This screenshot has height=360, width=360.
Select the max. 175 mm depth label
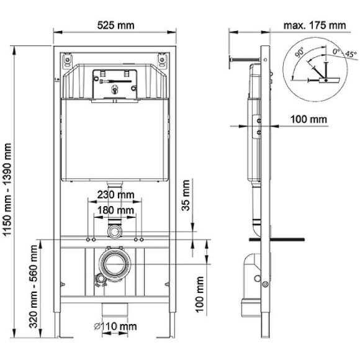(315, 25)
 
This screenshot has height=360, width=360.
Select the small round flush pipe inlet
(114, 232)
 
